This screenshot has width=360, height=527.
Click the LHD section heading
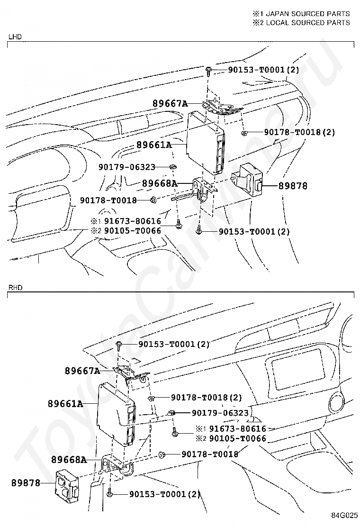point(15,36)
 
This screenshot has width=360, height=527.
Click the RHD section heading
point(15,287)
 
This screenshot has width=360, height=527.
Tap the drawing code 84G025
point(344,515)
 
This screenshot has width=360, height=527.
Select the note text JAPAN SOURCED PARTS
point(306,14)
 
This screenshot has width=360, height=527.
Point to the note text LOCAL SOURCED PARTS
point(306,22)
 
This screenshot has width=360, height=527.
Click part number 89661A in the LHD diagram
point(153,145)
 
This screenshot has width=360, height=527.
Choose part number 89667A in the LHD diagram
point(170,103)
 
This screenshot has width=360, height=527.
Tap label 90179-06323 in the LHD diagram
point(127,167)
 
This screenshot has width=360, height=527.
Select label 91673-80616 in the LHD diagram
point(133,221)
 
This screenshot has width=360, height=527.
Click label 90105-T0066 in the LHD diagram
point(133,231)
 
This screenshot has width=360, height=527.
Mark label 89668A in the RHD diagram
point(69,459)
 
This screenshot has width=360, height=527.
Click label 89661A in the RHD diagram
point(65,404)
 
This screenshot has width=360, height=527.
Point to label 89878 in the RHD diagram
point(25,483)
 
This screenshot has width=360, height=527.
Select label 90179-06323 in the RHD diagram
point(220,413)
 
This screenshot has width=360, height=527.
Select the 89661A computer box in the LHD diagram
point(204,142)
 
